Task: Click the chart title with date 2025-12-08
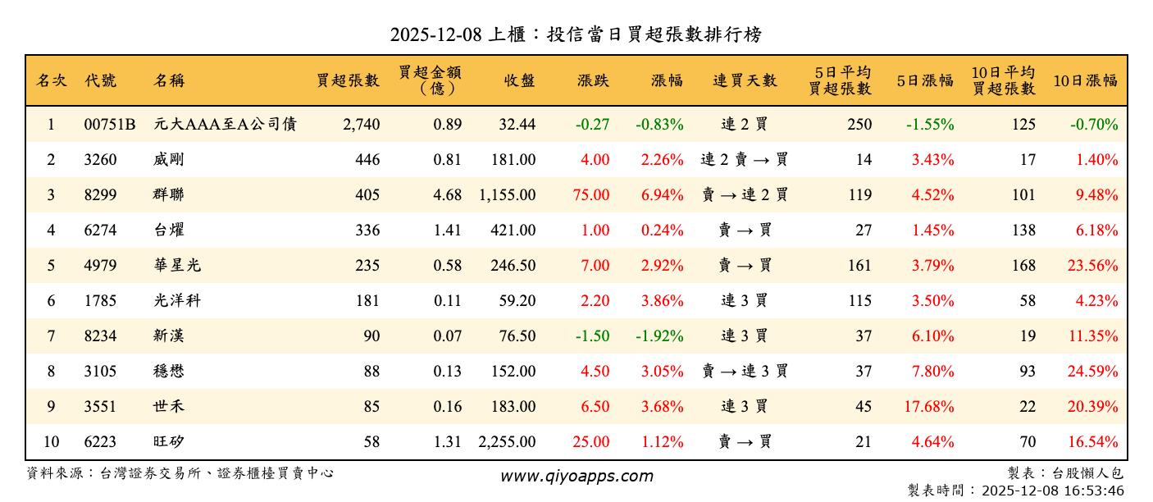(x=576, y=34)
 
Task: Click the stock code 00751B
(x=109, y=125)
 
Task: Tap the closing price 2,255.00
(x=507, y=442)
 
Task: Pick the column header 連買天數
(x=745, y=81)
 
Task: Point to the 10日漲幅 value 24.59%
(x=1092, y=372)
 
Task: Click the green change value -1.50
(x=592, y=336)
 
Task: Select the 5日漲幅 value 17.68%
(x=929, y=407)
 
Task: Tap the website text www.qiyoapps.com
(x=576, y=477)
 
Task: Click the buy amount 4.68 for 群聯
(x=448, y=195)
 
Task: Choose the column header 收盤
(x=520, y=81)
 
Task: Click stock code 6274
(x=100, y=230)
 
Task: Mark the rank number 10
(x=51, y=442)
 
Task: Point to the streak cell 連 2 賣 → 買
(x=745, y=160)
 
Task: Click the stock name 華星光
(x=176, y=266)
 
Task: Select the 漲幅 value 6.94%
(x=659, y=195)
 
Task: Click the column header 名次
(x=51, y=81)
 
